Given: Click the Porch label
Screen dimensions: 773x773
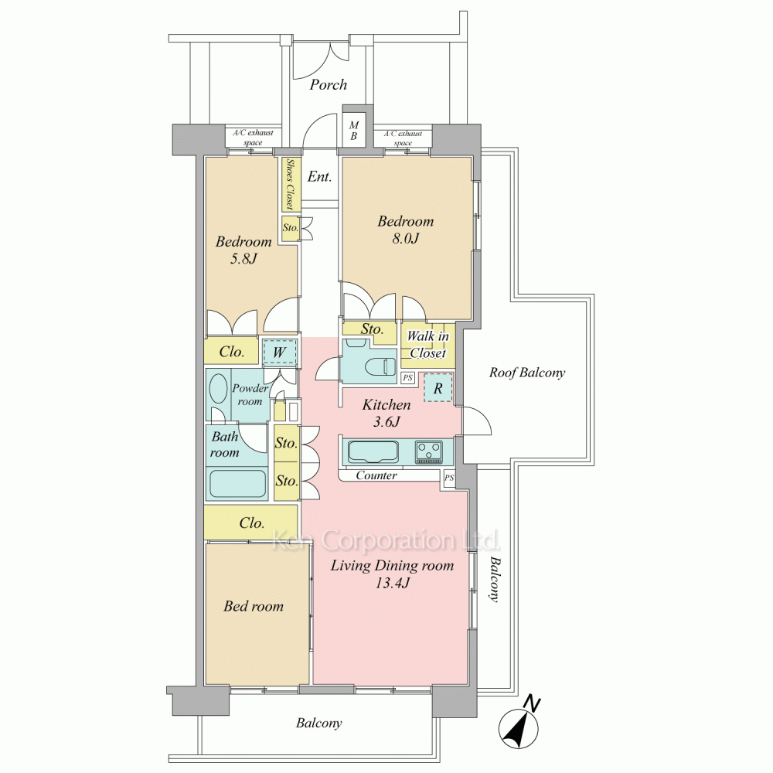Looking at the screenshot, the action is (x=328, y=85).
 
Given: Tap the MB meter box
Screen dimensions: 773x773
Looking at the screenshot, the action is (x=354, y=131).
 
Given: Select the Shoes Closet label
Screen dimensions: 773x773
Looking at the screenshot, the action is (x=289, y=184).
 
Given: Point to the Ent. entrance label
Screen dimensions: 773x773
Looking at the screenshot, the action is (x=319, y=176).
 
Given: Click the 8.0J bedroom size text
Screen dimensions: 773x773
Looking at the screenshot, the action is (x=405, y=239).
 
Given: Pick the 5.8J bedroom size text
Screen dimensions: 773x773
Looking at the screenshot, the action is (x=243, y=258).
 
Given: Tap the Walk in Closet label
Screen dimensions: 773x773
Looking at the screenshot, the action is (x=427, y=345).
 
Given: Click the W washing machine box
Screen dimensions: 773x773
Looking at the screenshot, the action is (x=280, y=352).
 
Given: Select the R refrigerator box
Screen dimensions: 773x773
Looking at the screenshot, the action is (x=438, y=388).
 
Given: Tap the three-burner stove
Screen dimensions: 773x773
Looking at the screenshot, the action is (x=428, y=451).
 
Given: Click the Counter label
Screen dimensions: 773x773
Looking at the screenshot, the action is (x=376, y=475).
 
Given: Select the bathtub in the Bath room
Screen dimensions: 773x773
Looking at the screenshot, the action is (x=237, y=483).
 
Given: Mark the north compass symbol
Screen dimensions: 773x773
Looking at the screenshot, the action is (x=519, y=725).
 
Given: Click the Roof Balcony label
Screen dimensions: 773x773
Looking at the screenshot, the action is (x=527, y=373).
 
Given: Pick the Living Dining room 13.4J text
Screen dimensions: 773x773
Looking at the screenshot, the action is (x=392, y=574).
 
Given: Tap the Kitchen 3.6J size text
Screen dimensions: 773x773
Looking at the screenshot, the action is (x=386, y=413).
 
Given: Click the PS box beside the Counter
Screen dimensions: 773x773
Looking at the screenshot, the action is (x=449, y=478).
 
